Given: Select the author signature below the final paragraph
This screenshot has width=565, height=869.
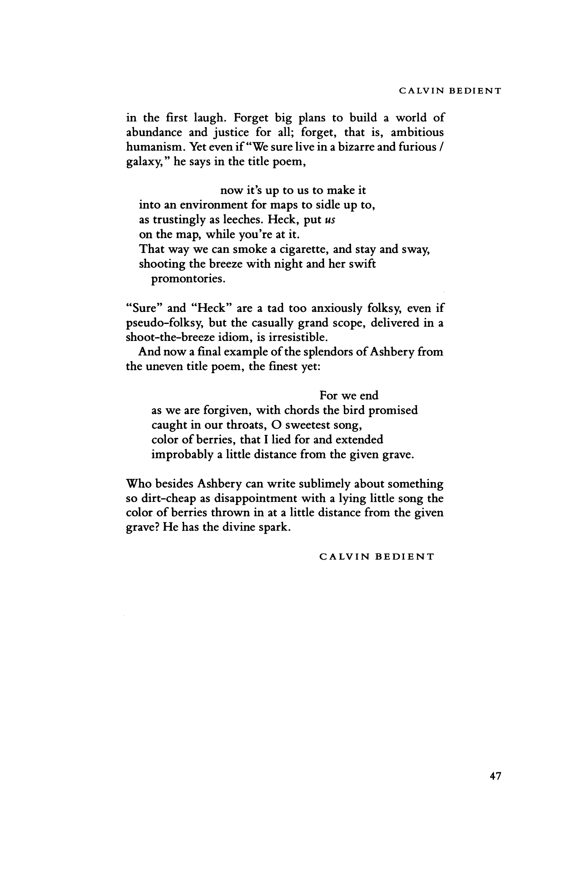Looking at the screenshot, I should coord(377,557).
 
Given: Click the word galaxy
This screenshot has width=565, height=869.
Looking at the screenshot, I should coord(139,162).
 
